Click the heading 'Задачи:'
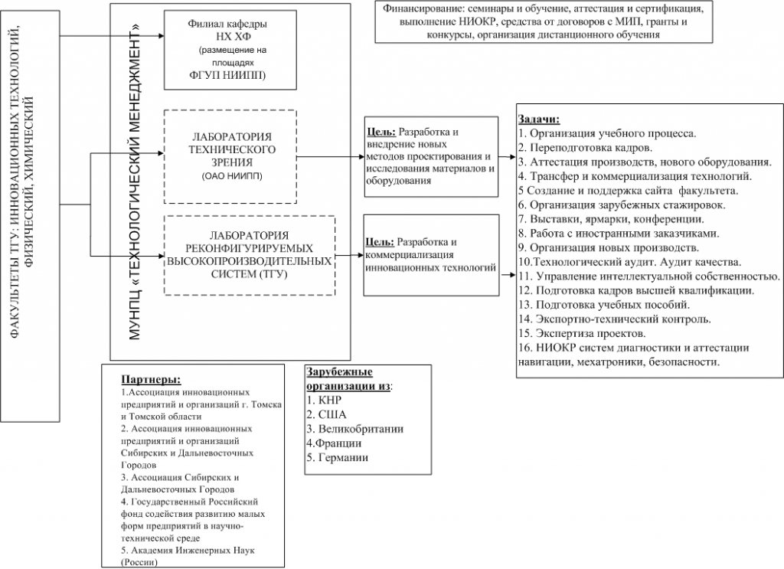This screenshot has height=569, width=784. coord(539,119)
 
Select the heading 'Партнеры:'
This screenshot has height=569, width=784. coord(151,379)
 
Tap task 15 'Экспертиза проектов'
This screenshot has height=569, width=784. coord(582,334)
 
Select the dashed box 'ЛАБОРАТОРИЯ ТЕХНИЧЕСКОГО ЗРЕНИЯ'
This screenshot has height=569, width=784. coord(230,156)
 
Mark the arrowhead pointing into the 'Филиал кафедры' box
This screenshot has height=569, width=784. coord(161,36)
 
